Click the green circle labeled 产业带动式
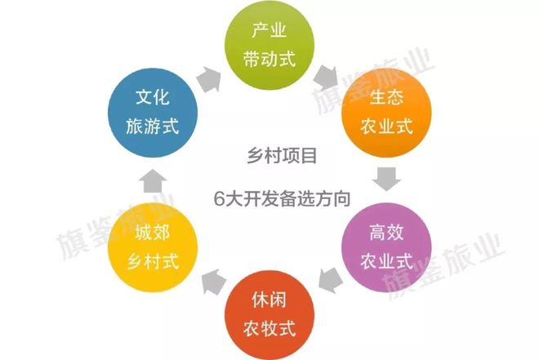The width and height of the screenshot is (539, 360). pyautogui.click(x=269, y=45)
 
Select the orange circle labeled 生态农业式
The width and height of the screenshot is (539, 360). pyautogui.click(x=386, y=113)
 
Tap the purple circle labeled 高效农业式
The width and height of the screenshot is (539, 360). pyautogui.click(x=386, y=247)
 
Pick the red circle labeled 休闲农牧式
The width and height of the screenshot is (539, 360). pyautogui.click(x=269, y=315)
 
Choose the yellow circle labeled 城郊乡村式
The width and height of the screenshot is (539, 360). pyautogui.click(x=153, y=247)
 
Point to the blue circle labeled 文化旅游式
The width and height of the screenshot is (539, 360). pyautogui.click(x=153, y=113)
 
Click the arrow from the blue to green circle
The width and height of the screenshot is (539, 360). pyautogui.click(x=209, y=79)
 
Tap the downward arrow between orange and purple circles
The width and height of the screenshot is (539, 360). pyautogui.click(x=386, y=179)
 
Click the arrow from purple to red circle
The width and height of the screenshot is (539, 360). pyautogui.click(x=331, y=280)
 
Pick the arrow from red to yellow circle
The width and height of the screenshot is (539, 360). pyautogui.click(x=213, y=282)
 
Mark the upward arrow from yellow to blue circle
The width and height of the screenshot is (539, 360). pyautogui.click(x=153, y=180)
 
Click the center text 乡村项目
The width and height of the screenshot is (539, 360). pyautogui.click(x=282, y=156)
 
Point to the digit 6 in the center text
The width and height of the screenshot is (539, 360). pyautogui.click(x=219, y=199)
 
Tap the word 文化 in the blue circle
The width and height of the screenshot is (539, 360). pyautogui.click(x=153, y=97)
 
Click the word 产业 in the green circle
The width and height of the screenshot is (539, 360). pyautogui.click(x=269, y=30)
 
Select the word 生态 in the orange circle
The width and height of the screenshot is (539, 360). pyautogui.click(x=386, y=97)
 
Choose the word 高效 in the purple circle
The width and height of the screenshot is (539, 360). pyautogui.click(x=386, y=232)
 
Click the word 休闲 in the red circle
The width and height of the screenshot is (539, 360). pyautogui.click(x=269, y=300)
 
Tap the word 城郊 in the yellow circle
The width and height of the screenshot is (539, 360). pyautogui.click(x=153, y=232)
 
